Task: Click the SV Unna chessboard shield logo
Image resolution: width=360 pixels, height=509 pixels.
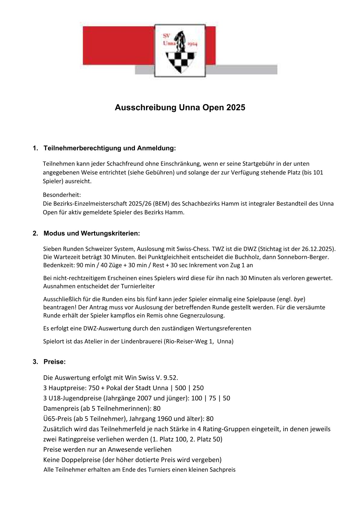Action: (x=180, y=50)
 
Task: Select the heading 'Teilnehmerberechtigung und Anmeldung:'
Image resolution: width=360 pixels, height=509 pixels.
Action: (x=110, y=148)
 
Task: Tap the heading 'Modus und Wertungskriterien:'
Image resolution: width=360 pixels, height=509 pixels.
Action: (x=92, y=233)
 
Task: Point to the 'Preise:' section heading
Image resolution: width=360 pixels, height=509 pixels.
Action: (x=54, y=362)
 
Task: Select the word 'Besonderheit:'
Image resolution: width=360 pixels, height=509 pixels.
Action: (x=62, y=195)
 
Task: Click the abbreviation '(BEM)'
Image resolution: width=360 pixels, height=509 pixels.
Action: (x=161, y=204)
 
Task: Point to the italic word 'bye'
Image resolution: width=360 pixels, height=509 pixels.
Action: (x=299, y=299)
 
